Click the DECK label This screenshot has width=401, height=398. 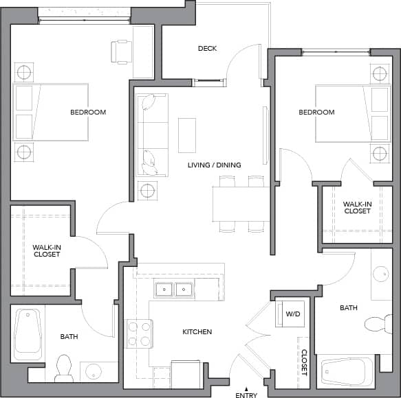click(207, 48)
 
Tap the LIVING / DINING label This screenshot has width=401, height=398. click(215, 165)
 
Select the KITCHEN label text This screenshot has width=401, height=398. click(197, 332)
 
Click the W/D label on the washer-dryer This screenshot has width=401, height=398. click(293, 314)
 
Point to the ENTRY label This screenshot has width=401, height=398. click(246, 395)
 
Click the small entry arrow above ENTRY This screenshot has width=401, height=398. click(246, 388)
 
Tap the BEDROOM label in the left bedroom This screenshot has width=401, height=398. click(88, 112)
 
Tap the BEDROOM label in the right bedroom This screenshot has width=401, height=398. click(316, 112)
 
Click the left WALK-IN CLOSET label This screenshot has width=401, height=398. click(47, 250)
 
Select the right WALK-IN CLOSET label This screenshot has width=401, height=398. click(357, 207)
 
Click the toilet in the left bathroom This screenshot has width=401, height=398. click(64, 368)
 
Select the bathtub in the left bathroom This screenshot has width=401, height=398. click(28, 333)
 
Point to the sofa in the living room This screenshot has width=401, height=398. click(151, 134)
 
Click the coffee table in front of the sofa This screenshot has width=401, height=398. click(187, 134)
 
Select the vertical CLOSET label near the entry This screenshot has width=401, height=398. click(304, 362)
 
